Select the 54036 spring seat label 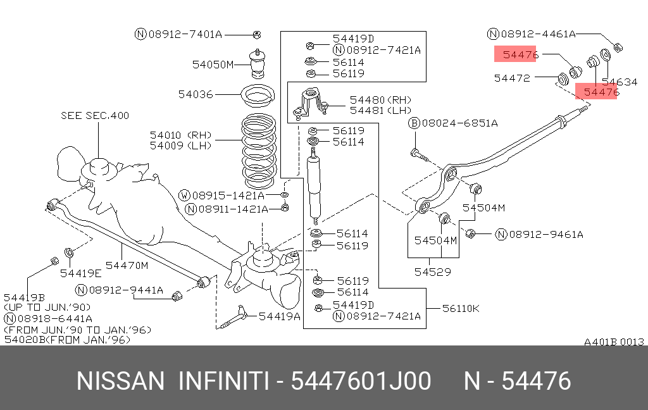pos(196,94)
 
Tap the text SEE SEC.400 pos(95,115)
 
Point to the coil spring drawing pos(260,150)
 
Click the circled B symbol pos(414,123)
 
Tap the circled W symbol pos(184,195)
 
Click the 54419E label pos(81,273)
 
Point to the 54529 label pos(433,273)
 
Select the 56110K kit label pos(461,308)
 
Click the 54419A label pos(279,316)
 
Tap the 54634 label pos(620,82)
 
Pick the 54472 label pos(512,78)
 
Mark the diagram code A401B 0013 pos(613,342)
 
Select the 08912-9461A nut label pos(546,235)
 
